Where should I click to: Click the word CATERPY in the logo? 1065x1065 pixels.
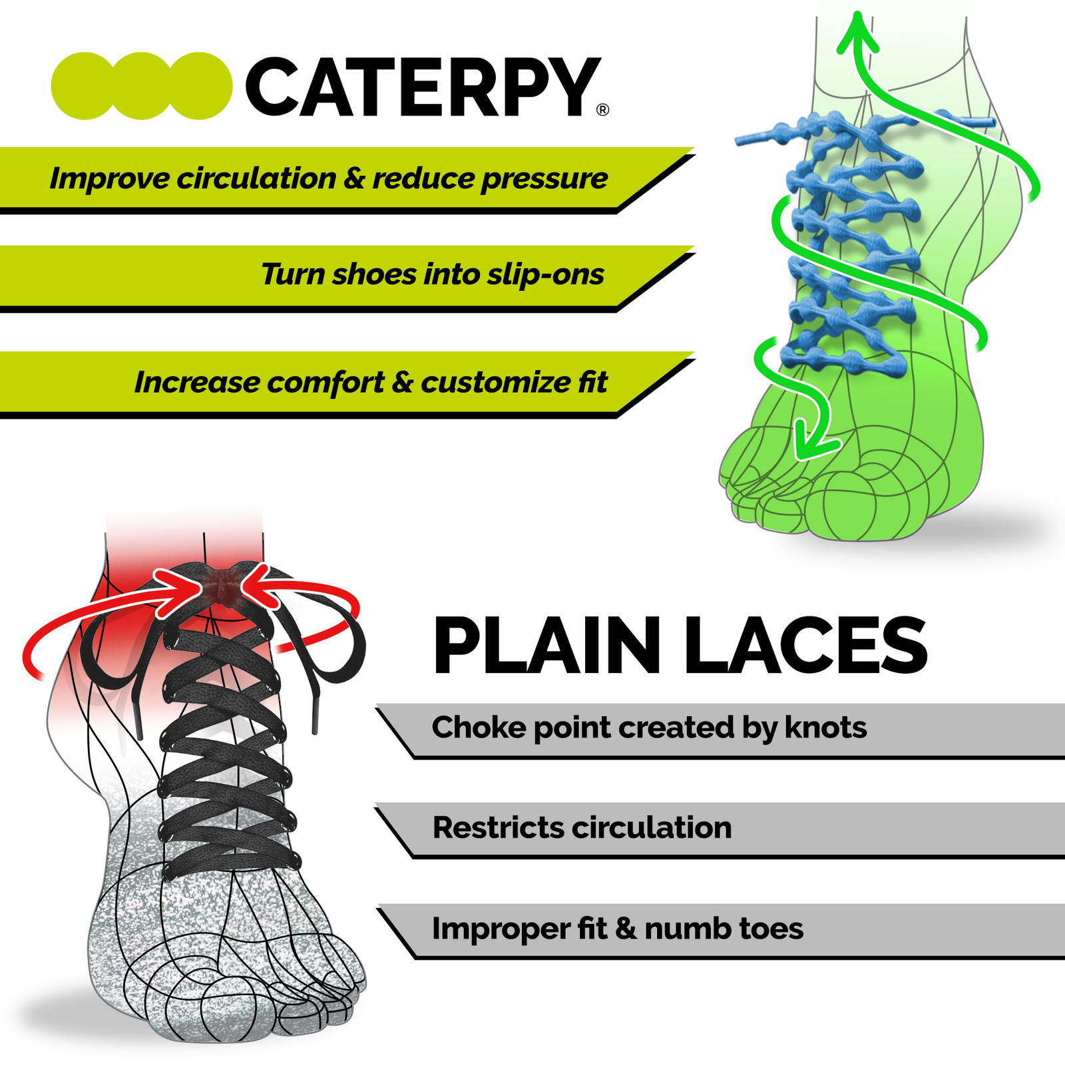point(423,87)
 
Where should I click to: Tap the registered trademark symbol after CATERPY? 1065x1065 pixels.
point(602,110)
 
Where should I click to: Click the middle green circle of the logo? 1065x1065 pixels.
point(142,86)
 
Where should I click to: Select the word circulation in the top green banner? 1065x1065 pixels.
point(256,178)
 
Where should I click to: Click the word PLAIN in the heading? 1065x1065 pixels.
point(546,646)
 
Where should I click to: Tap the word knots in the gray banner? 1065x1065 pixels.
point(825,727)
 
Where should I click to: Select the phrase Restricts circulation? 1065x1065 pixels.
point(582,827)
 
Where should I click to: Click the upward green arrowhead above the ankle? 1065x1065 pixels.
point(858,33)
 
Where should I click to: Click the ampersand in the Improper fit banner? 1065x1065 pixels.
point(626,929)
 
